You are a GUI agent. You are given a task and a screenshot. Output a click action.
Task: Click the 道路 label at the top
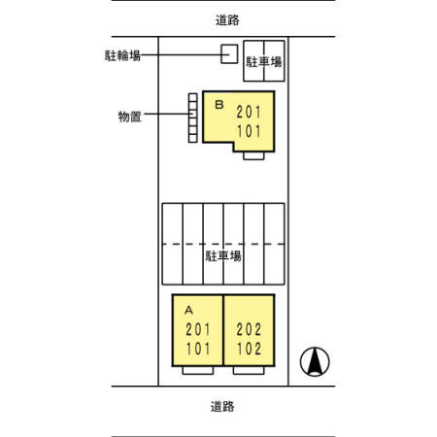[x=227, y=20]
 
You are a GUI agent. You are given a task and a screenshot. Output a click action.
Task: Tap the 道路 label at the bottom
[x=222, y=406]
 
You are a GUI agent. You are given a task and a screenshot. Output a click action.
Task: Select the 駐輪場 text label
[x=122, y=55]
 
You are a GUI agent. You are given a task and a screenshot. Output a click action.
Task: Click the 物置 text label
[x=130, y=117]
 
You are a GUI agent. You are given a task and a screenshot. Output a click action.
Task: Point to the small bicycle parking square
[x=229, y=53]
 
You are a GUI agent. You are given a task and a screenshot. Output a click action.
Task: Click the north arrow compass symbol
[x=315, y=361]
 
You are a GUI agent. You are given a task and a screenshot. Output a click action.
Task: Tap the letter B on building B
[x=219, y=105]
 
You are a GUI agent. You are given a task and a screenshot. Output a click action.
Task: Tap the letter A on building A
[x=188, y=310]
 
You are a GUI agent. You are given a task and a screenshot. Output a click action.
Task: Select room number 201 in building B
[x=249, y=113]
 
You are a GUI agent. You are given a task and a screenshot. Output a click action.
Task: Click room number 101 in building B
[x=249, y=131]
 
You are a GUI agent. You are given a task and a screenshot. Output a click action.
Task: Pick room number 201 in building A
[x=198, y=330]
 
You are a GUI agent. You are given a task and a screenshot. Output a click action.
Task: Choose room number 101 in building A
[x=198, y=349]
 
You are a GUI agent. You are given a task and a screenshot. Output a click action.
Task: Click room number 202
[x=249, y=330]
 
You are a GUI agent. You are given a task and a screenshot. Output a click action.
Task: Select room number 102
[x=249, y=349]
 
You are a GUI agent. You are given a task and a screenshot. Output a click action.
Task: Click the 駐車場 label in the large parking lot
[x=223, y=256]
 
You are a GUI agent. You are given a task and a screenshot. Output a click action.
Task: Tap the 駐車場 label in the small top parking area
[x=264, y=62]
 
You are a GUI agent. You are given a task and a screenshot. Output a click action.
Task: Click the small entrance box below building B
[x=253, y=155]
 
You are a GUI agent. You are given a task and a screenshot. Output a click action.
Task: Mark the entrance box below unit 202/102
[x=249, y=370]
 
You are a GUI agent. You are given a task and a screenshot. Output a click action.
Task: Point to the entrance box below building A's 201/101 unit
[x=198, y=370]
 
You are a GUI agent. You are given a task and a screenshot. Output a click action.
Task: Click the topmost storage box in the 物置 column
[x=193, y=97]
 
